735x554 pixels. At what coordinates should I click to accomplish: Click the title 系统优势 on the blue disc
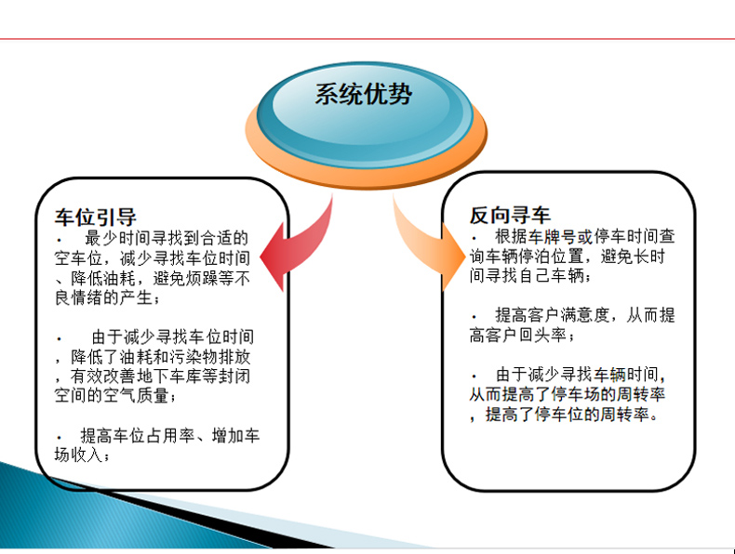363,94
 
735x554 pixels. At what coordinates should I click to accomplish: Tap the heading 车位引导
96,217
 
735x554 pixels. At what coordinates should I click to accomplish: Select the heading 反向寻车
510,215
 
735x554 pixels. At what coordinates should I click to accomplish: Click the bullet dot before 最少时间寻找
60,241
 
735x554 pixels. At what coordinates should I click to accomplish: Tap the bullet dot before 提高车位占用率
60,439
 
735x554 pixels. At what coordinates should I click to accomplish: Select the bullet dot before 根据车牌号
474,239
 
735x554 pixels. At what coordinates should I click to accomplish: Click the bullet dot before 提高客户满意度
474,318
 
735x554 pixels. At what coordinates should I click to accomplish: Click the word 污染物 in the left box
194,357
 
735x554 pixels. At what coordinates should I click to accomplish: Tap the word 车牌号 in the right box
553,236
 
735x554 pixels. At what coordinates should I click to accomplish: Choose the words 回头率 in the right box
542,335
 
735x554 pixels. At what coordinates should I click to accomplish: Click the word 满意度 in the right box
584,315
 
